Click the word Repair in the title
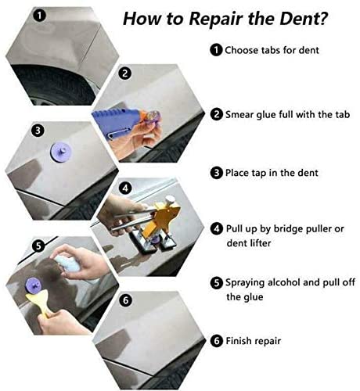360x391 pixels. coord(207,17)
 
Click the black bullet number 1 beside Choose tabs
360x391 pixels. coord(216,50)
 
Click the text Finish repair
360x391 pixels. coord(257,341)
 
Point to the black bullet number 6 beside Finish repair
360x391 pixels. coord(216,341)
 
